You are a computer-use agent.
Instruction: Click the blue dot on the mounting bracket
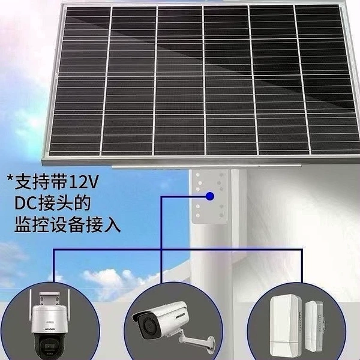pos(210,196)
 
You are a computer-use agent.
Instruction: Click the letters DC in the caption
pos(25,203)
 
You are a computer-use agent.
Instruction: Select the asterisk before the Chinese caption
pos(10,178)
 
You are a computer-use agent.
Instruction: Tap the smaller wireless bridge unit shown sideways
pos(314,326)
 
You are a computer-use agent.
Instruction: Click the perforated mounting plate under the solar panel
pos(210,197)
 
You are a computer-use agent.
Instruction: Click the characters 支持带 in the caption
pos(41,182)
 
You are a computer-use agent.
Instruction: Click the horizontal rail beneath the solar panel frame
pos(206,166)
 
